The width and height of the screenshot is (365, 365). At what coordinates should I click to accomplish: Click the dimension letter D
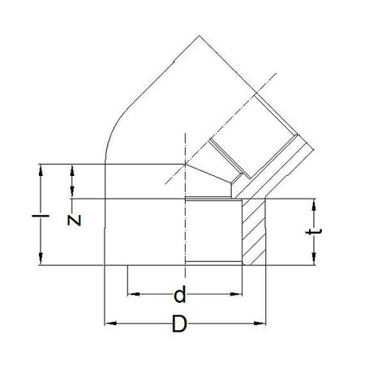click(179, 324)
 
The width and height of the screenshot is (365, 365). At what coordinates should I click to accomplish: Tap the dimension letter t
click(314, 232)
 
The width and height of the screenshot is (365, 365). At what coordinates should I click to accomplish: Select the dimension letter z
click(74, 221)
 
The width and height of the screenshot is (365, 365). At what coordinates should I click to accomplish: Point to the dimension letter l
click(41, 216)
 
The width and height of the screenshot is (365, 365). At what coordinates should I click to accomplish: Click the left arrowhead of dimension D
click(110, 323)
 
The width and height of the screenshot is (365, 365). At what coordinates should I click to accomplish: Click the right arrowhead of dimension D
click(260, 323)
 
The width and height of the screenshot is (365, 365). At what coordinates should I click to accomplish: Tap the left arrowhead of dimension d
click(134, 294)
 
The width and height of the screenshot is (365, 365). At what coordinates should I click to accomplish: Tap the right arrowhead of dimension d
click(236, 294)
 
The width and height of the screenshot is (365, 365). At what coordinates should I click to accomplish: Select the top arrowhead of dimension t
click(314, 205)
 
